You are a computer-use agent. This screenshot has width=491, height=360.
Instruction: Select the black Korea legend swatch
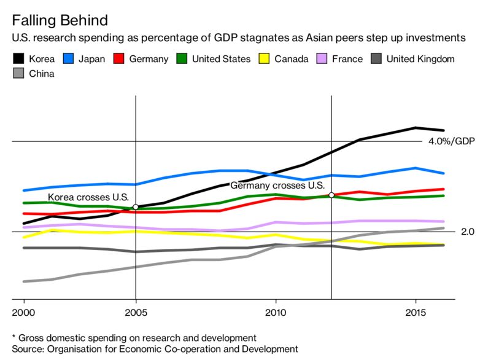[18, 60]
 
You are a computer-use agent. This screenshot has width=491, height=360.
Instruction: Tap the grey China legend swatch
[18, 74]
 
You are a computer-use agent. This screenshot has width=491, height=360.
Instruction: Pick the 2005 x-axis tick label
[135, 311]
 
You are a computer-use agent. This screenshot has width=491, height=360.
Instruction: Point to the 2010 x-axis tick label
[276, 311]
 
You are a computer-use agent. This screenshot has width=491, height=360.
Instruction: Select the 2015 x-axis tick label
[416, 311]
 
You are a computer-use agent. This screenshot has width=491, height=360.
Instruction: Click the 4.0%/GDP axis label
[452, 141]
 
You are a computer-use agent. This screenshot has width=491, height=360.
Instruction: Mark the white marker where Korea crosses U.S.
[135, 207]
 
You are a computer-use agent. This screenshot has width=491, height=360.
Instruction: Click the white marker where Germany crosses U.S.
[331, 195]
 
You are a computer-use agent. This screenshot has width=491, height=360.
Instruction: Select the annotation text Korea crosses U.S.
[88, 197]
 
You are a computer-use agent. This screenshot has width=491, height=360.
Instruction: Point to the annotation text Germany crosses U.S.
[277, 185]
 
